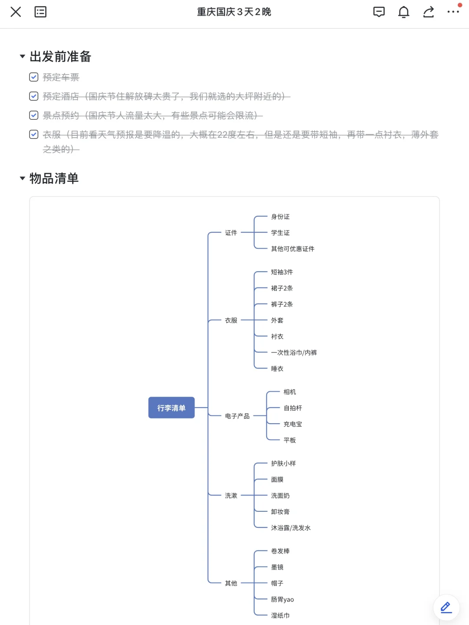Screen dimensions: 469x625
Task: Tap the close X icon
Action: pyautogui.click(x=16, y=12)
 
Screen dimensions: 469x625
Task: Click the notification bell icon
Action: pyautogui.click(x=403, y=12)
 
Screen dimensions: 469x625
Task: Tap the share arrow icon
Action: pyautogui.click(x=428, y=12)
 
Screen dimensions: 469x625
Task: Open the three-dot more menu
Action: pyautogui.click(x=453, y=12)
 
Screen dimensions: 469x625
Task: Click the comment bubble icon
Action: pyautogui.click(x=379, y=12)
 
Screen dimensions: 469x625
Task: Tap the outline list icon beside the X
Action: pyautogui.click(x=40, y=12)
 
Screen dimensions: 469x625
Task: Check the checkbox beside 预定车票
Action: pyautogui.click(x=33, y=77)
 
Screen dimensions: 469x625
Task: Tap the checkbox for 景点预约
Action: pyautogui.click(x=33, y=115)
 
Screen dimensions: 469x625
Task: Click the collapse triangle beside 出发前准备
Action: pyautogui.click(x=23, y=56)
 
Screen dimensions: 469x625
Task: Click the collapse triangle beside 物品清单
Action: pyautogui.click(x=23, y=178)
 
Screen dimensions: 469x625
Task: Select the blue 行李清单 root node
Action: pyautogui.click(x=172, y=408)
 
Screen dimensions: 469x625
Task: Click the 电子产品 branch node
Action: pyautogui.click(x=237, y=416)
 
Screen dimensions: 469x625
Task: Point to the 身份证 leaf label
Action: pyautogui.click(x=280, y=217)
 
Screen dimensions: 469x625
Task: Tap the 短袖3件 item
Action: pyautogui.click(x=282, y=272)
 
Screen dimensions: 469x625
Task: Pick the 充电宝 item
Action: pyautogui.click(x=293, y=424)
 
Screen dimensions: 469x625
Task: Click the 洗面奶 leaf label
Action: pyautogui.click(x=280, y=496)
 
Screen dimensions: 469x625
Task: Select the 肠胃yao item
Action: pyautogui.click(x=282, y=599)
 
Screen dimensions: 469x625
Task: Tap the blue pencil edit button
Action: pyautogui.click(x=446, y=607)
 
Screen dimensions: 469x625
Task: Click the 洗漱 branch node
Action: pyautogui.click(x=231, y=496)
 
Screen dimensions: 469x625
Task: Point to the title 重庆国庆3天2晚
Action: pyautogui.click(x=234, y=12)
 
